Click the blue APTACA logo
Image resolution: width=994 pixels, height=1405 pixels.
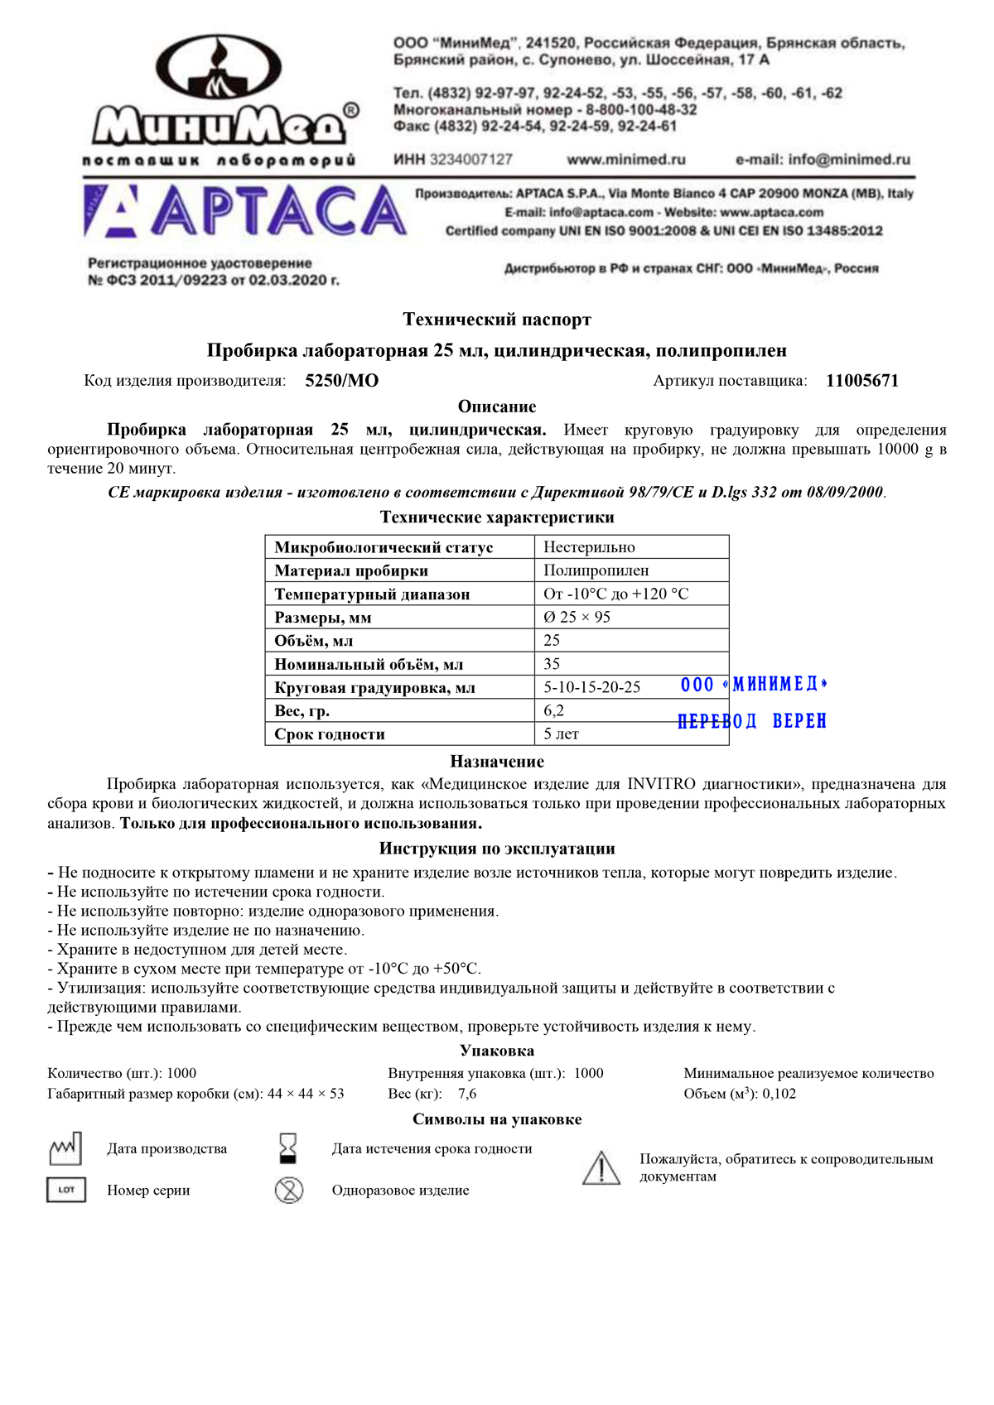[245, 211]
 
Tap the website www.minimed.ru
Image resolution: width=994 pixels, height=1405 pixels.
[626, 159]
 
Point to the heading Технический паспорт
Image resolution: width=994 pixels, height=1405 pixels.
[497, 320]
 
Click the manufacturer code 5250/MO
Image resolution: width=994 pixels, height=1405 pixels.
[341, 381]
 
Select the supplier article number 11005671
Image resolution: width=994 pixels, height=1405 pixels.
[861, 381]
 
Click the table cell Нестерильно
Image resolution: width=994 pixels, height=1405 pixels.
[589, 547]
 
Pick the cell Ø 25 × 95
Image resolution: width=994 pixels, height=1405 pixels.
[577, 617]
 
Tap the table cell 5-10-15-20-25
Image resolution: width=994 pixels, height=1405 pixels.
[591, 687]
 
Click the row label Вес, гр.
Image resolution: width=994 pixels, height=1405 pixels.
[302, 710]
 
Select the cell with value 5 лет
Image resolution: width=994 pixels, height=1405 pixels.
[561, 734]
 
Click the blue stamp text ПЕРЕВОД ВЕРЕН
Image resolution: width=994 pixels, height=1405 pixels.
[752, 721]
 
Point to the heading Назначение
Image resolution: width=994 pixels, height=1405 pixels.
[497, 762]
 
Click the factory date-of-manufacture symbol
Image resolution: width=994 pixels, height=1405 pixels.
[66, 1148]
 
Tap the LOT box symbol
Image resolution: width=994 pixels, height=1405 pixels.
[66, 1190]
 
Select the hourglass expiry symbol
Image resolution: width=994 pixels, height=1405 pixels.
[288, 1148]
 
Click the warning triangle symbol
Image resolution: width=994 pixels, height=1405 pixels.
[601, 1167]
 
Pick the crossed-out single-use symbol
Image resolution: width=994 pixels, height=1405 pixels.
[289, 1191]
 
